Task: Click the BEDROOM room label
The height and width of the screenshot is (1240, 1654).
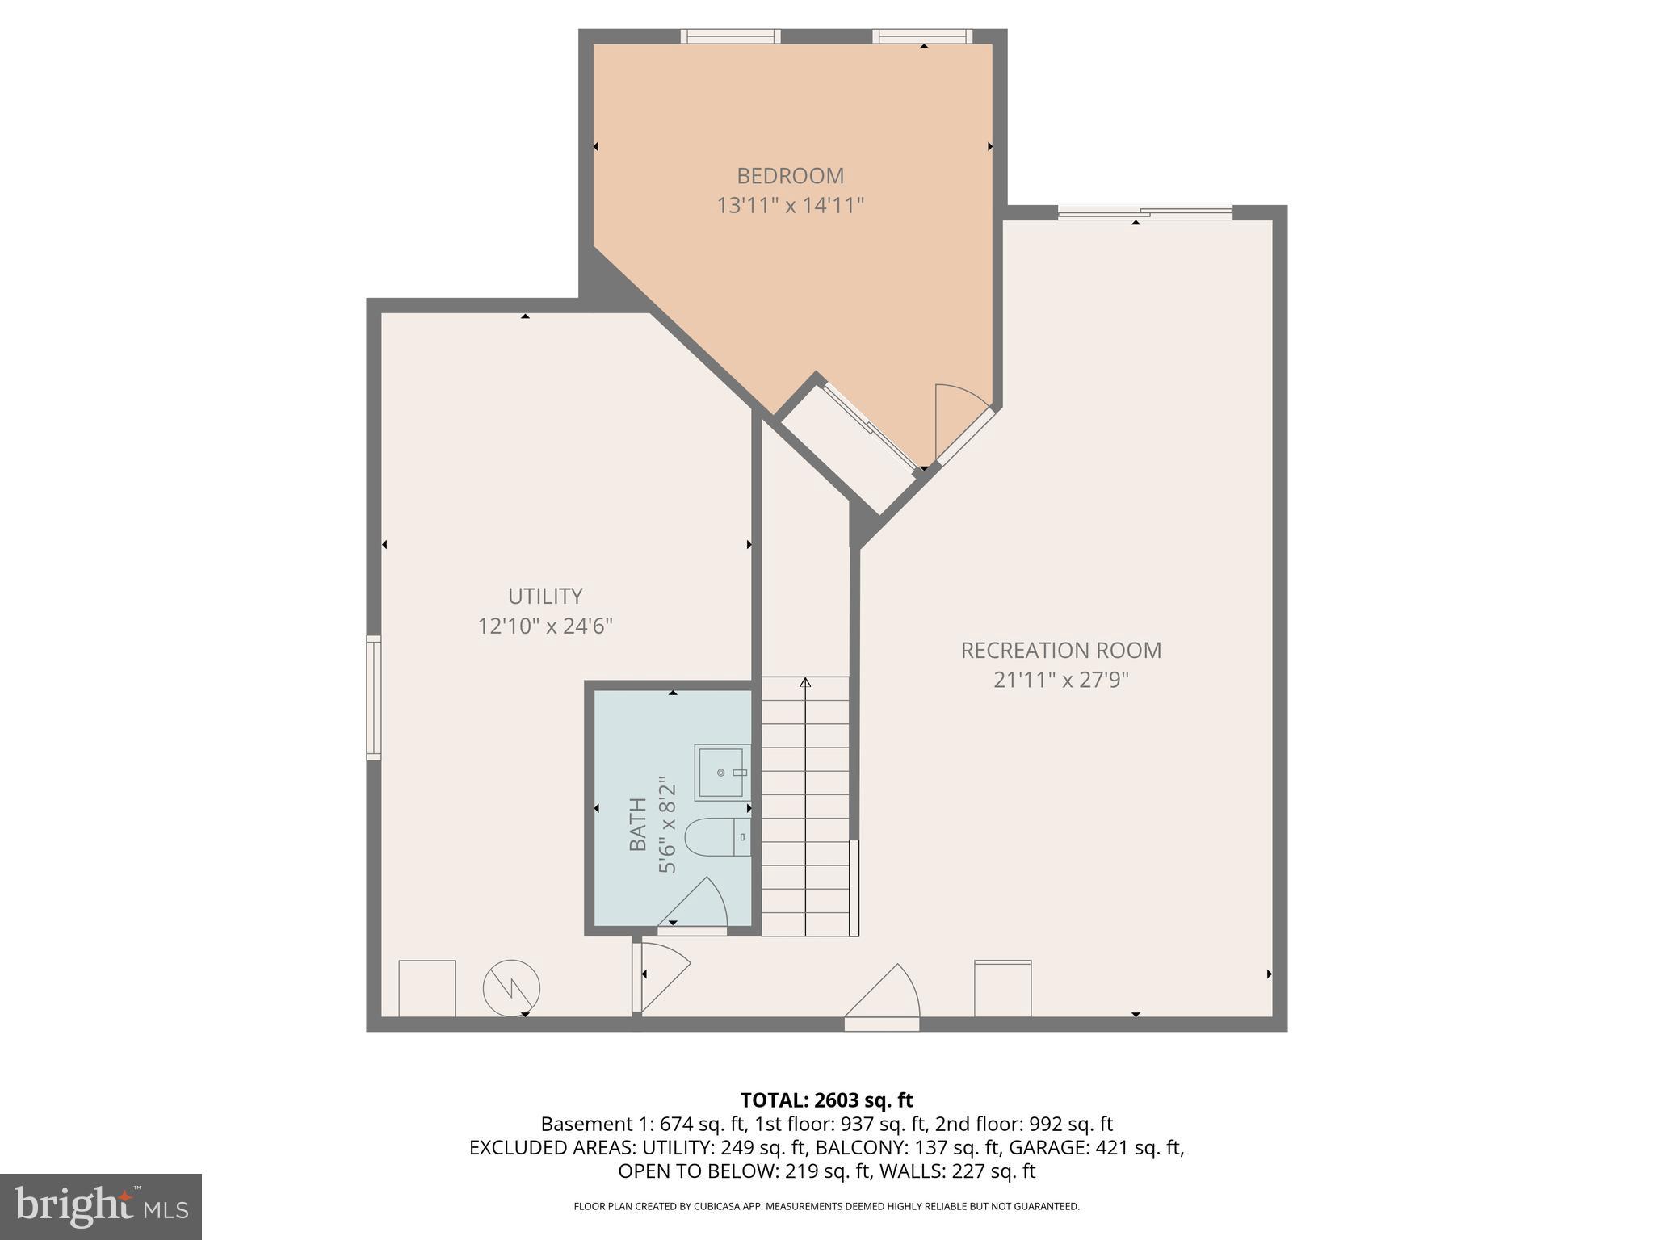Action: click(x=790, y=175)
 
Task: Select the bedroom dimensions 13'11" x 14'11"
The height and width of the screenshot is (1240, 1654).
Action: click(x=790, y=206)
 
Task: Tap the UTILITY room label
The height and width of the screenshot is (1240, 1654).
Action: click(x=545, y=596)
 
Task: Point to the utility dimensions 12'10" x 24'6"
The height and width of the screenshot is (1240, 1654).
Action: click(x=545, y=626)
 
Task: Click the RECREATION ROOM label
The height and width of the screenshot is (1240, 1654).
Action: click(x=1060, y=650)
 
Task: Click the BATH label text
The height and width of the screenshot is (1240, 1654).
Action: click(x=638, y=823)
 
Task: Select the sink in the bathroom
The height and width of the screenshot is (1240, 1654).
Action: click(x=722, y=772)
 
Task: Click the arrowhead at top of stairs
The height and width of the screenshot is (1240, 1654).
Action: click(x=805, y=683)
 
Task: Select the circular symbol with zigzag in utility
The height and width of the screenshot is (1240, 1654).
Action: click(x=511, y=987)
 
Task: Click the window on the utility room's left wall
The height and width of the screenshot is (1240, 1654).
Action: click(x=374, y=697)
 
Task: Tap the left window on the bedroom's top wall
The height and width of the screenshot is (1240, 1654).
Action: click(x=730, y=36)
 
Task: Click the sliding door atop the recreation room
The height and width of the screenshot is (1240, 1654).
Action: click(x=1145, y=213)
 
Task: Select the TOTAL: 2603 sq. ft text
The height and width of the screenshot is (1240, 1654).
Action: click(x=826, y=1100)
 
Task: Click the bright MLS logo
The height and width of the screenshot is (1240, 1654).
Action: click(x=101, y=1206)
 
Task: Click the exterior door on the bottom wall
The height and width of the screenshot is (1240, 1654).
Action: click(x=882, y=1023)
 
